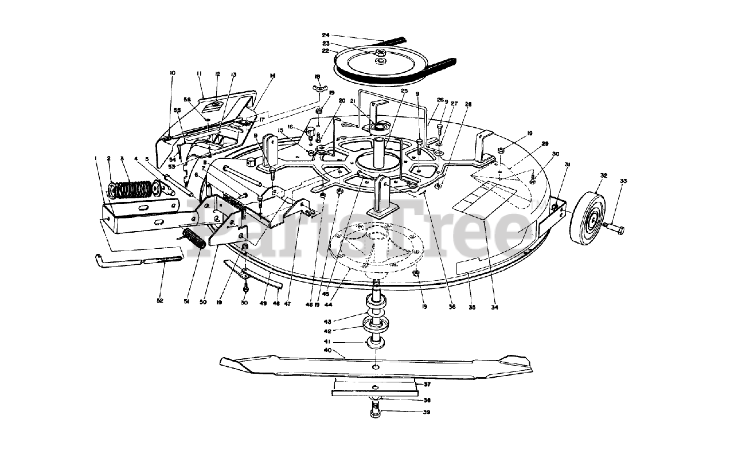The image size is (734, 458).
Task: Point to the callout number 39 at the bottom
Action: [x=426, y=412]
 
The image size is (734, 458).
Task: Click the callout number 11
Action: [x=199, y=73]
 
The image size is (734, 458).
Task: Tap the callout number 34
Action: [x=494, y=308]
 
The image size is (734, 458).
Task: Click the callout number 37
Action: [x=427, y=384]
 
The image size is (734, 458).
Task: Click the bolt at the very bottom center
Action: [x=374, y=410]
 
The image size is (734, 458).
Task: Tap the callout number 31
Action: [x=567, y=165]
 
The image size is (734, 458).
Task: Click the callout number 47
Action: [x=287, y=304]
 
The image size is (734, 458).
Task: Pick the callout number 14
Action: [x=272, y=76]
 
